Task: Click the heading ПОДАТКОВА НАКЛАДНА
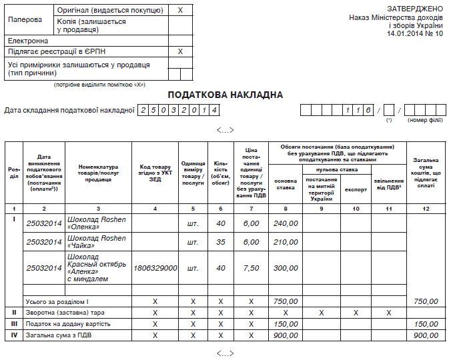[225, 95]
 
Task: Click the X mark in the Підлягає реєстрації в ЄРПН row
[180, 51]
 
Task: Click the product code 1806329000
[155, 268]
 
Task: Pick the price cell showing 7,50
[251, 268]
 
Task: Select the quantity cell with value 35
[221, 242]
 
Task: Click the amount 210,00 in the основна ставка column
[285, 242]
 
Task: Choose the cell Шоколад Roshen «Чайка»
[97, 242]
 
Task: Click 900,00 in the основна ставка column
[285, 335]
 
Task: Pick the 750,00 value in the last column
[425, 301]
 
